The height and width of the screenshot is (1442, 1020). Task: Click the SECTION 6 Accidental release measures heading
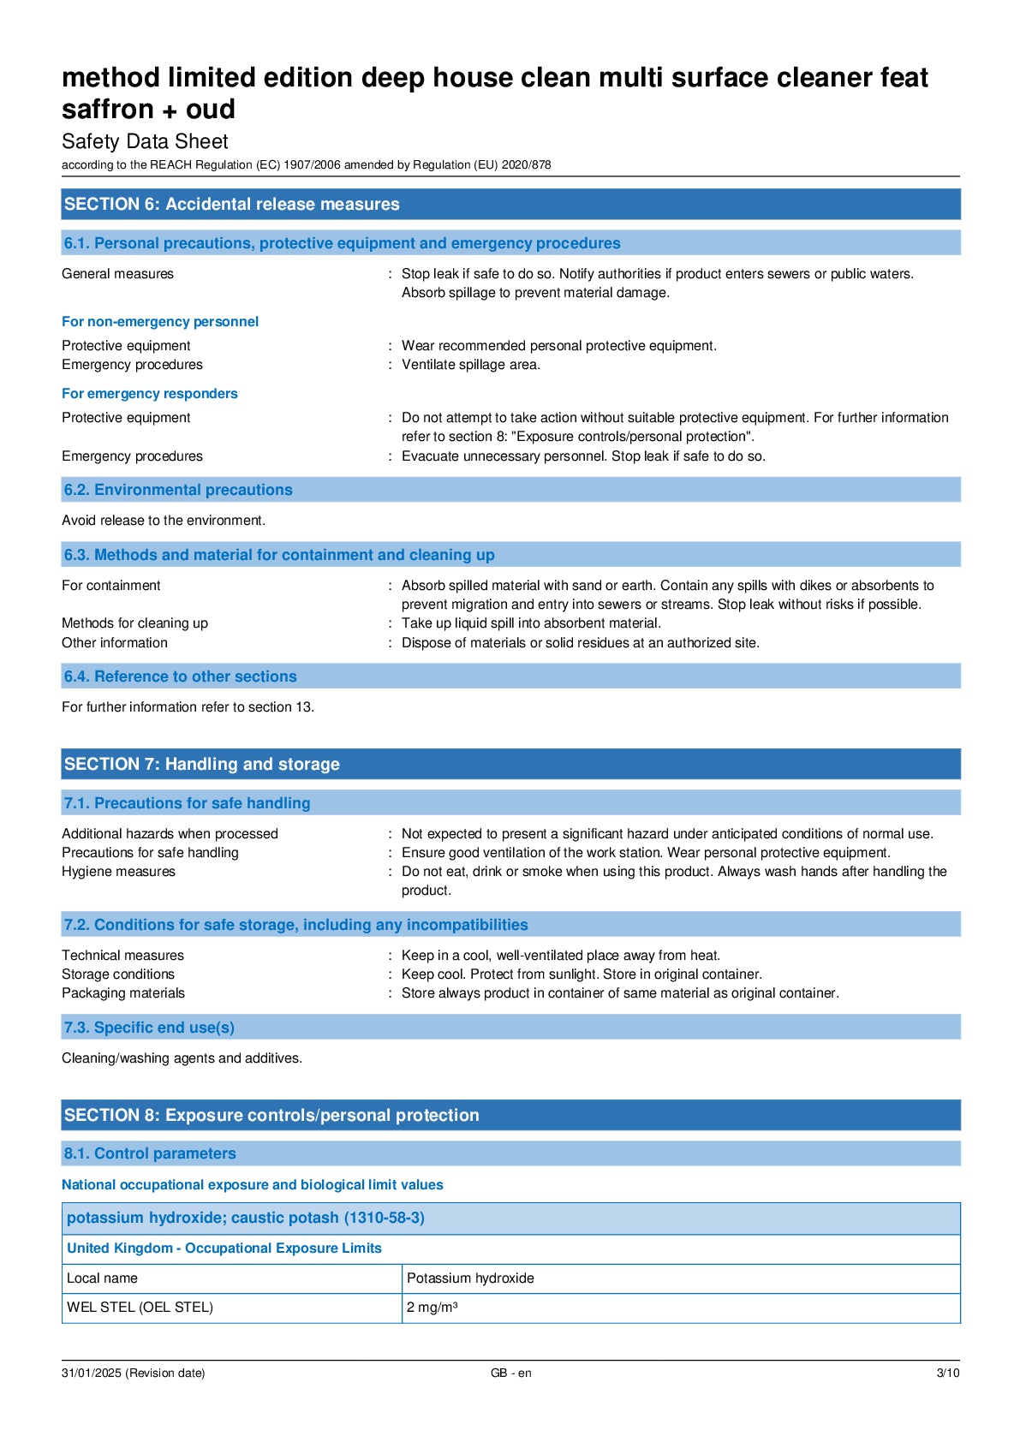point(231,205)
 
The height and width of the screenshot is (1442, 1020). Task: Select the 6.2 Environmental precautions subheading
point(178,490)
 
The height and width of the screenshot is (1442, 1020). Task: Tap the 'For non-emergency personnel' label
point(160,322)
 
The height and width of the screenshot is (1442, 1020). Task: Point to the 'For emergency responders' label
point(150,394)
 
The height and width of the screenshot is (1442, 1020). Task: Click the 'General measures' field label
point(117,274)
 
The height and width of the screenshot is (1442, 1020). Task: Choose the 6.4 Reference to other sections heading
point(180,676)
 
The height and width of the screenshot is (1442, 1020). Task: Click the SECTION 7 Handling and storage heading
point(202,764)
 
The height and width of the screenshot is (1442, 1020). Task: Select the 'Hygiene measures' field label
point(118,872)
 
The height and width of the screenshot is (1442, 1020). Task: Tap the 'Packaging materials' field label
point(123,993)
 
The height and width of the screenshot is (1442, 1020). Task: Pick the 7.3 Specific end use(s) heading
point(149,1028)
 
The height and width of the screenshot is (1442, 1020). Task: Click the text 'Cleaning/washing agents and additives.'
point(182,1058)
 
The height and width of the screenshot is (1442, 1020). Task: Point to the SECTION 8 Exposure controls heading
point(271,1115)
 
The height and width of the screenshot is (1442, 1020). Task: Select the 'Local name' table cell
point(102,1278)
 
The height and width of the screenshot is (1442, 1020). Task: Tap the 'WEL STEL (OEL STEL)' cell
point(140,1308)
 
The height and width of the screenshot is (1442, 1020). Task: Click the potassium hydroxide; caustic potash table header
point(246,1218)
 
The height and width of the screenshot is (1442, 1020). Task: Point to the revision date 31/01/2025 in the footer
point(133,1373)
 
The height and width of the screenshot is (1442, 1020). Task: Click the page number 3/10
point(947,1373)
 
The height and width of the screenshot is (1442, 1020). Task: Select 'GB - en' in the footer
point(510,1373)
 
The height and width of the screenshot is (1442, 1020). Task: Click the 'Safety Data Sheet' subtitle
point(145,142)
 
